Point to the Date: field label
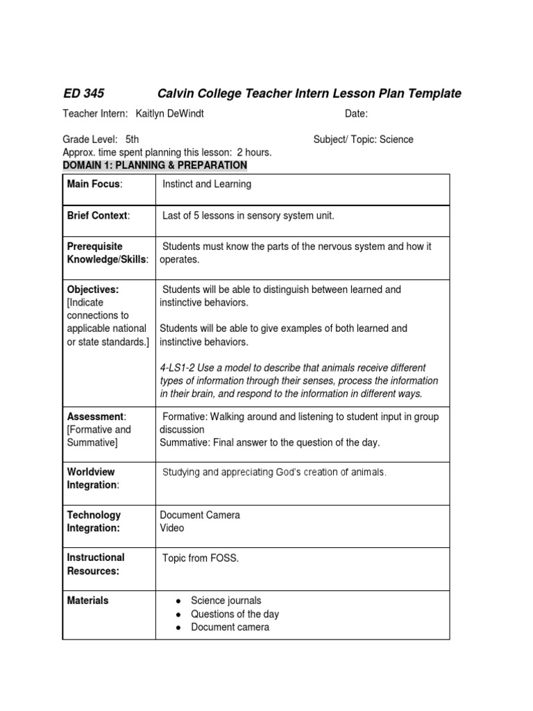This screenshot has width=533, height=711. [x=356, y=114]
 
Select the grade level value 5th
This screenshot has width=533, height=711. [x=132, y=140]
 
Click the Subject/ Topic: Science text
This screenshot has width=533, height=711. [x=363, y=140]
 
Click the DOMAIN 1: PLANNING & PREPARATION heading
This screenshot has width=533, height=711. [x=155, y=165]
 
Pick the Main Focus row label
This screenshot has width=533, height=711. [x=94, y=184]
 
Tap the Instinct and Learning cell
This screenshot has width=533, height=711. [x=207, y=184]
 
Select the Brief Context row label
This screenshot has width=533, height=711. [x=98, y=216]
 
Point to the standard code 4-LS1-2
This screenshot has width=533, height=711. [x=179, y=367]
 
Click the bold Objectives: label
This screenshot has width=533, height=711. [x=93, y=290]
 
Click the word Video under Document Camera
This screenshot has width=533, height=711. [x=172, y=528]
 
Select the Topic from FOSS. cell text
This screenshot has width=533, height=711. [x=201, y=558]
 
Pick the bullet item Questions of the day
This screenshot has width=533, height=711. [x=235, y=614]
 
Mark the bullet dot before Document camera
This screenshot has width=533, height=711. [x=179, y=628]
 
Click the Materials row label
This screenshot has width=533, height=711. [x=87, y=601]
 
